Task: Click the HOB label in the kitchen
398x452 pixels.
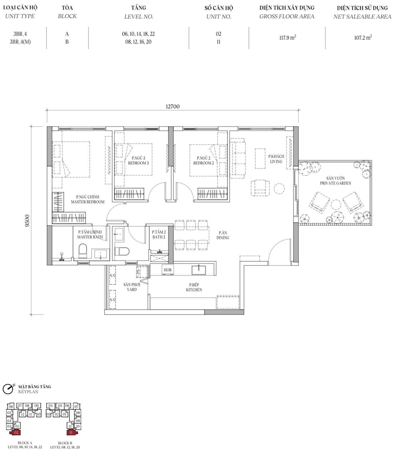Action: coord(168,270)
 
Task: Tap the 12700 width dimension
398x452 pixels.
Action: coord(173,107)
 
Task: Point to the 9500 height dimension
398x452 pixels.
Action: coord(27,221)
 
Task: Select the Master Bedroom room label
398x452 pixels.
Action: coord(87,200)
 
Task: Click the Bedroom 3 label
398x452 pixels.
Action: coord(138,161)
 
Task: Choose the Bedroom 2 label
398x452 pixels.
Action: coord(203,161)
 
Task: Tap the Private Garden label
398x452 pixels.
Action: coord(335,181)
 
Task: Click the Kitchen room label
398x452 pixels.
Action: coord(194,287)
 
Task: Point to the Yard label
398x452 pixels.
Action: coord(132,287)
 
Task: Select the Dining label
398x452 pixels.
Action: coord(223,235)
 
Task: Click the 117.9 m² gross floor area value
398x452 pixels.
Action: coord(288,37)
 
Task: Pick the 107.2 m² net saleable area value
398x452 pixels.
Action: coord(363,37)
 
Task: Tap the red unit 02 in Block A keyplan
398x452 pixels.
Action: coord(16,432)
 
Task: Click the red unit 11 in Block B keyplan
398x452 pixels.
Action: coord(71,432)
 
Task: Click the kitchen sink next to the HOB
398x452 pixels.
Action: coord(199,270)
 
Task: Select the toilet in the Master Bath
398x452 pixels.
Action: coord(83,251)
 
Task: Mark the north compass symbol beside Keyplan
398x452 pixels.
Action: coord(8,389)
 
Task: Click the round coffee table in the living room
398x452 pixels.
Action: coord(279,189)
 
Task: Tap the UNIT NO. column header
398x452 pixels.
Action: coord(218,16)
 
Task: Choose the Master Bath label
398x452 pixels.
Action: coord(90,235)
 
